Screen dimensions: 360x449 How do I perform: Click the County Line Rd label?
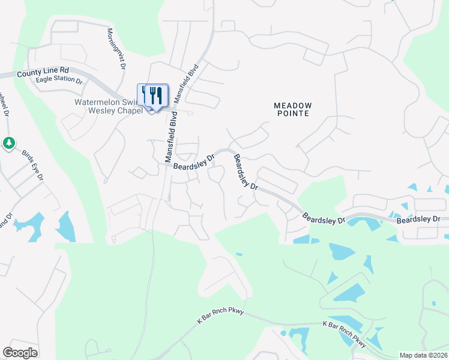click(x=43, y=71)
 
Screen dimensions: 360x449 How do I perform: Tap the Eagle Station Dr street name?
click(x=58, y=79)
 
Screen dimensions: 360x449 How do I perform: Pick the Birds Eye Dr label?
click(x=34, y=164)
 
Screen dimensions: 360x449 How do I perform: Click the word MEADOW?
click(x=293, y=105)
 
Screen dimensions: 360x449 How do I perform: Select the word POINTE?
click(x=293, y=113)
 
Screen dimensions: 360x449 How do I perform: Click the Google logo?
click(x=20, y=353)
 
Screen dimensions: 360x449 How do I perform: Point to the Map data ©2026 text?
click(x=423, y=355)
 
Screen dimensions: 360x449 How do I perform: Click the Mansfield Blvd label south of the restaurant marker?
click(x=172, y=137)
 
